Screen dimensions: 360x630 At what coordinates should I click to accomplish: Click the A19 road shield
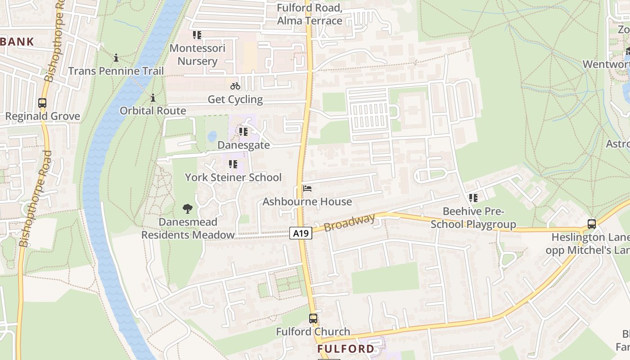point(301,233)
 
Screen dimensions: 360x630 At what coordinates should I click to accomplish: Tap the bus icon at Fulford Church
point(313,319)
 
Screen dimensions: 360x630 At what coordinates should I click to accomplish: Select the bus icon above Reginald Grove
point(42,103)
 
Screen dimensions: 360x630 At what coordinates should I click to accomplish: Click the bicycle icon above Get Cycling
point(235,86)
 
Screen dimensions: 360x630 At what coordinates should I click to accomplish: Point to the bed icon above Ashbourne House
point(307,188)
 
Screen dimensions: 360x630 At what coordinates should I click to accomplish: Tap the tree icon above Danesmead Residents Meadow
point(188,208)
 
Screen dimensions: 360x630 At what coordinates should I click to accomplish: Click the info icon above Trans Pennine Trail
point(116,58)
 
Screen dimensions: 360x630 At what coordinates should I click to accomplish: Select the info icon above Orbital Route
point(153,98)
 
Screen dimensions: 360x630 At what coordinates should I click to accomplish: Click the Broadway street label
point(350,223)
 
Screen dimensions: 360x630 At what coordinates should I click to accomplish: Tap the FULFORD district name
point(346,349)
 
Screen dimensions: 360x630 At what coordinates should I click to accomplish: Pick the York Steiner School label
point(233,177)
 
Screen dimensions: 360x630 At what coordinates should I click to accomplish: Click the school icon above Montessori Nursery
point(197,35)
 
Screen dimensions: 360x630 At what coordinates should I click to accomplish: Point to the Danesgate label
point(243,145)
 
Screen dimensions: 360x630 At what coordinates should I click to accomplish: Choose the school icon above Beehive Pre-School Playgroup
point(473,198)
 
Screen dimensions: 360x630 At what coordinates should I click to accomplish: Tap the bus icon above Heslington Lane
point(592,224)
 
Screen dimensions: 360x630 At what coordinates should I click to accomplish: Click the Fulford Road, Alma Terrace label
point(310,14)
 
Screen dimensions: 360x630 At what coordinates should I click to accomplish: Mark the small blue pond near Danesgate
point(212,136)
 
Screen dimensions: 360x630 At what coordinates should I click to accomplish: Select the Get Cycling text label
point(235,99)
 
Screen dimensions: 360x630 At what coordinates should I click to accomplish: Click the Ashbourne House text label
point(307,202)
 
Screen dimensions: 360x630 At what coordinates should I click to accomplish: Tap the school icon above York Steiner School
point(233,164)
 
